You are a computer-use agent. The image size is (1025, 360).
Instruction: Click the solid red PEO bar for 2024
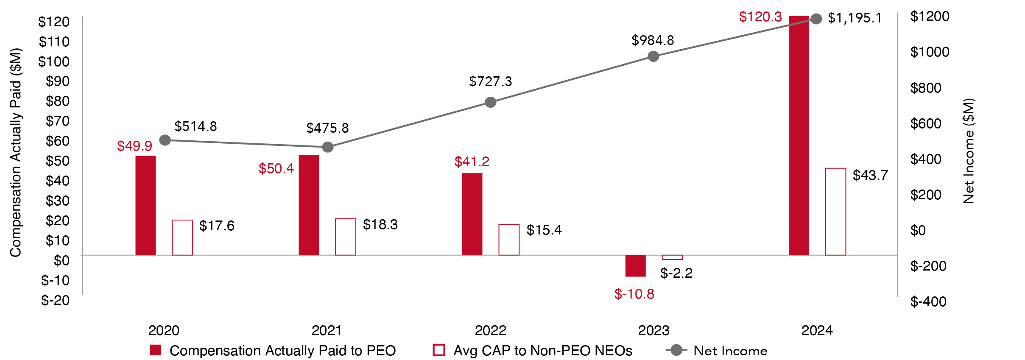799,136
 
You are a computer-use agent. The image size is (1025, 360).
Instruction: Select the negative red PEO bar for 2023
635,266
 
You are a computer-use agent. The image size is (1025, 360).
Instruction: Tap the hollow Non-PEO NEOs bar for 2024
835,212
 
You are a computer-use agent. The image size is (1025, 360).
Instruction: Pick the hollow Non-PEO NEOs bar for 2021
345,237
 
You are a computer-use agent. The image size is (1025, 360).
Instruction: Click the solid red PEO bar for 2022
472,214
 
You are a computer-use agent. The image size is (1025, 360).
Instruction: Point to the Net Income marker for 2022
490,102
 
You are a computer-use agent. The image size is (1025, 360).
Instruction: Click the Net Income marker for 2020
165,140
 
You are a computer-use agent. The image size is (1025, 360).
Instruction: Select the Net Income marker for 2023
653,56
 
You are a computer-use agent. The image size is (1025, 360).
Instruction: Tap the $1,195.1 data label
855,18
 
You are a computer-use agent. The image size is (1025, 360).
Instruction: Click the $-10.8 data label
634,294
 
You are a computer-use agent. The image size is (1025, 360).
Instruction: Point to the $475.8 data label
327,128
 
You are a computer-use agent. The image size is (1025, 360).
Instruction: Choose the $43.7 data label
870,175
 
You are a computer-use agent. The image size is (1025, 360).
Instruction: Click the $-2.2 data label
676,273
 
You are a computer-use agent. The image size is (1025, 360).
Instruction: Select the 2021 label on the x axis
327,330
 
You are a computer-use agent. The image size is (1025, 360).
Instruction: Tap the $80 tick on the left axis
57,101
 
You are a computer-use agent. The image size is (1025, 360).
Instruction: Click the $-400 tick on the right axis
928,301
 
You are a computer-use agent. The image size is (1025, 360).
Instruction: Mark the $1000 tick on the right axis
930,52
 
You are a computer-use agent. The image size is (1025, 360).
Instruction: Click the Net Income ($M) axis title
969,151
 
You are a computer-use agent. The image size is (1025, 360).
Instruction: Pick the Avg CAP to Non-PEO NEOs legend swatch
438,350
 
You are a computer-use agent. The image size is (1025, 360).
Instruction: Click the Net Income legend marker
677,350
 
